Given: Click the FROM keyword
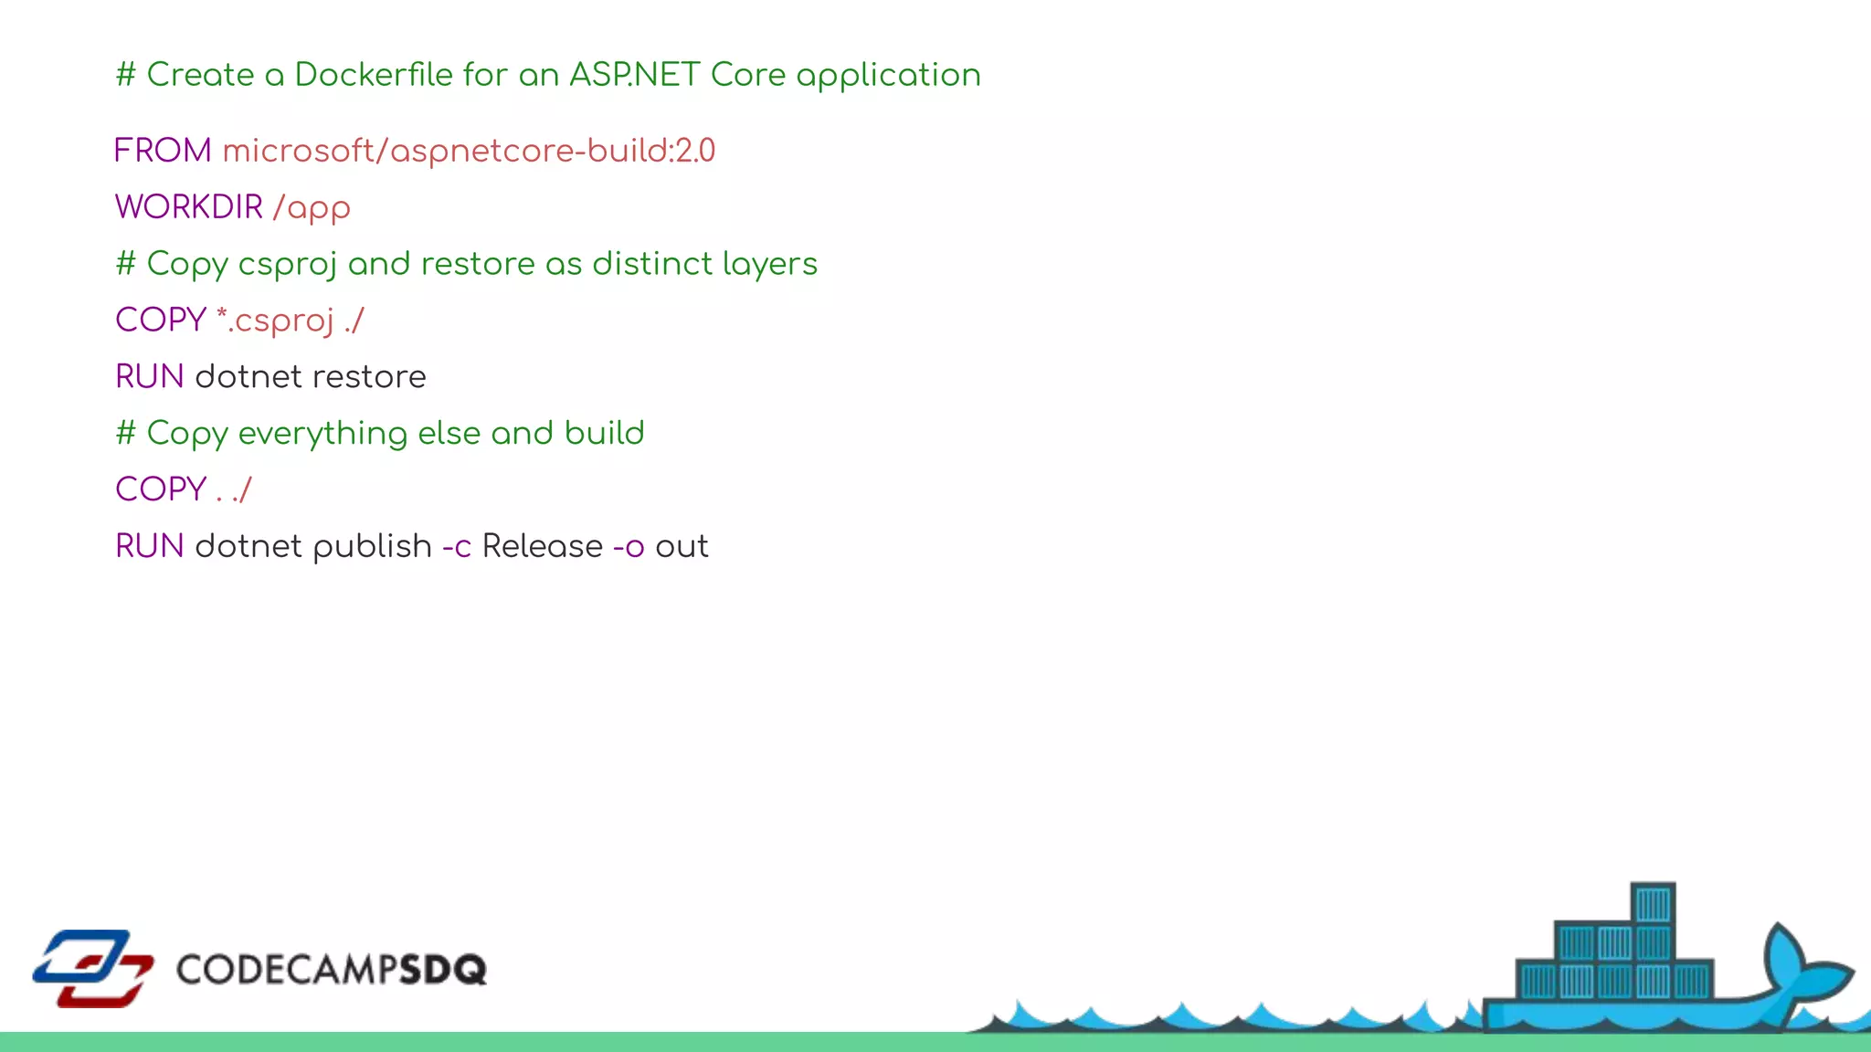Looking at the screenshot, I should coord(163,151).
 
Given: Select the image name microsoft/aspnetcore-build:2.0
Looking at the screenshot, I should coord(469,152).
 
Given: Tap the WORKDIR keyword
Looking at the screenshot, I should coord(188,207).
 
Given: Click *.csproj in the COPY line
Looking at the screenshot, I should coord(275,321).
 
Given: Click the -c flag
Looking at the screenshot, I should coord(457,547).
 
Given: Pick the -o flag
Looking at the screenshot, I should coord(629,547).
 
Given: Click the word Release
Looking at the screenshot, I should coord(542,547).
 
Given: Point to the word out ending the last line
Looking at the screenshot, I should coord(682,547).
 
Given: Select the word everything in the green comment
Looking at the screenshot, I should coord(322,434).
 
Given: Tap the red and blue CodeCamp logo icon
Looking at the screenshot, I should coord(93,968).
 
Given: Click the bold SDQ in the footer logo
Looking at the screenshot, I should coord(443,970).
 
